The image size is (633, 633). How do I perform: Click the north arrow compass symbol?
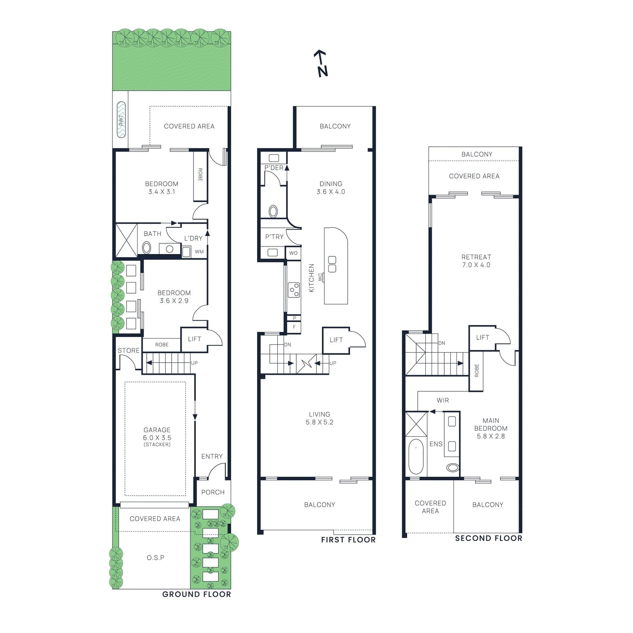(x=322, y=63)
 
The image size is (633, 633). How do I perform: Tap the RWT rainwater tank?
(x=121, y=120)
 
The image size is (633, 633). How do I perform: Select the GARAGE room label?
(x=157, y=430)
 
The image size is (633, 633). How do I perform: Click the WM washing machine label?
(x=199, y=252)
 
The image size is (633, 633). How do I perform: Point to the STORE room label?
(x=129, y=351)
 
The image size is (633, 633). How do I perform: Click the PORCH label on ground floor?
(x=213, y=492)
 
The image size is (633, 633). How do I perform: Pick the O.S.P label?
(x=155, y=558)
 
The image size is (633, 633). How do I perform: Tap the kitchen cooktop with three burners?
(x=294, y=290)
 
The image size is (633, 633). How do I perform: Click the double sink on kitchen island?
(x=332, y=264)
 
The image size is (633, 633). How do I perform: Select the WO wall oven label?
(x=293, y=253)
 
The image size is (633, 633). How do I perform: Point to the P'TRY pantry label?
(x=275, y=237)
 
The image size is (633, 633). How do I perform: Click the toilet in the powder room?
(x=273, y=211)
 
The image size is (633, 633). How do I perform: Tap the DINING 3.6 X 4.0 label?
(x=331, y=188)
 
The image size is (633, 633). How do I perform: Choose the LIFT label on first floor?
(x=336, y=340)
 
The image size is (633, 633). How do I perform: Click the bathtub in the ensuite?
(x=416, y=456)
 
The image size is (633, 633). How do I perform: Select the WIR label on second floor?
(x=443, y=400)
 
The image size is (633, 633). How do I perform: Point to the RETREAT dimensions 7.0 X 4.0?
(x=476, y=265)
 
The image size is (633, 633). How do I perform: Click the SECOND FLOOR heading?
(x=489, y=538)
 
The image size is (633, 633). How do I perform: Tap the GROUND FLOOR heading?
(x=197, y=594)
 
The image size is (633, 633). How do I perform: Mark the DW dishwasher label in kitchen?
(x=320, y=277)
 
